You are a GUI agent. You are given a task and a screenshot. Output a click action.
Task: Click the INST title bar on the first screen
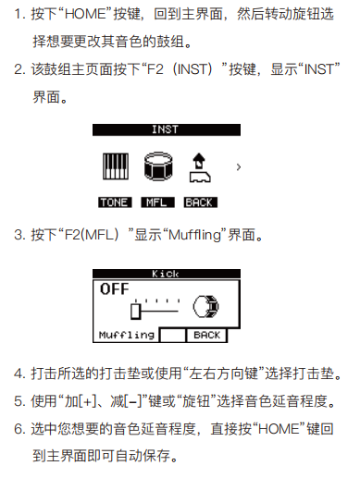167,129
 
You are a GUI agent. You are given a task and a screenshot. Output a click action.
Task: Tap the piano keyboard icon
116,166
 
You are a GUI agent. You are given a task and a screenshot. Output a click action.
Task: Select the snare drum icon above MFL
158,166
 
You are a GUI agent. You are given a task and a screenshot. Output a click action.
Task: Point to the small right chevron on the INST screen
238,167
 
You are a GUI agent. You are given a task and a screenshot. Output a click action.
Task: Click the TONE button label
115,202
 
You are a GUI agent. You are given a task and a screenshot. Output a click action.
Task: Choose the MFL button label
157,202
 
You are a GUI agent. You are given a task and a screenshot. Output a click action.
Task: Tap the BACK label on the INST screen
201,202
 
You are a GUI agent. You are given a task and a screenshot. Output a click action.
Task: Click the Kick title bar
167,274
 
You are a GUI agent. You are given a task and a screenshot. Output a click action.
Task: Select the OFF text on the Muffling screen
114,289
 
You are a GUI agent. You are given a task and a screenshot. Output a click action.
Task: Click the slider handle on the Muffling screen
136,312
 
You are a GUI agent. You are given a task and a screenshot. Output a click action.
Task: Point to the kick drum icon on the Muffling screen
205,306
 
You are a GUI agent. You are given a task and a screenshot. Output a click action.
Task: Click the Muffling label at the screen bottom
127,335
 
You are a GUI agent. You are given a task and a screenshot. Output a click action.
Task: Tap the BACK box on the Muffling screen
206,336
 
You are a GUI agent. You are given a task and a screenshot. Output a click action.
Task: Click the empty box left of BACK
173,336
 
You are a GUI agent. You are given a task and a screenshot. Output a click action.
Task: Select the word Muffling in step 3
195,235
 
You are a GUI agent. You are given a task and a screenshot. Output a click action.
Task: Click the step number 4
18,374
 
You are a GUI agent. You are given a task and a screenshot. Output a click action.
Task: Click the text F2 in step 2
155,69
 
